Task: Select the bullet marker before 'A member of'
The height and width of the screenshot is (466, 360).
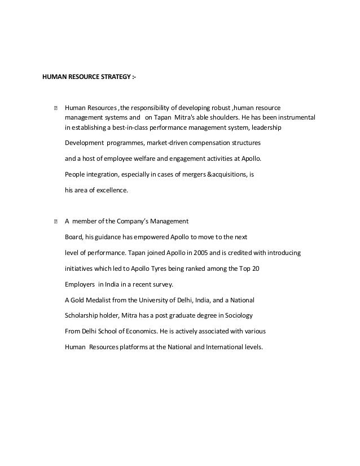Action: [55, 221]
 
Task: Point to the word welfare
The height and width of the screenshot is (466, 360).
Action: [150, 159]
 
